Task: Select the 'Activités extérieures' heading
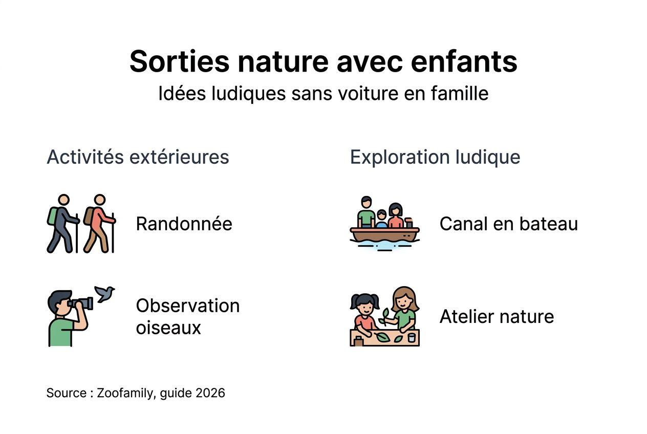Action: pyautogui.click(x=138, y=157)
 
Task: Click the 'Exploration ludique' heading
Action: pyautogui.click(x=435, y=157)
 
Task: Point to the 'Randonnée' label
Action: pyautogui.click(x=184, y=224)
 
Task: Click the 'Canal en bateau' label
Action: pyautogui.click(x=508, y=224)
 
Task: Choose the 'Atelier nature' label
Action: pyautogui.click(x=497, y=317)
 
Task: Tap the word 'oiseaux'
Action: pyautogui.click(x=168, y=328)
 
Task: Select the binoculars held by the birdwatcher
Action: pyautogui.click(x=82, y=303)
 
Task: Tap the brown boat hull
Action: pyautogui.click(x=384, y=235)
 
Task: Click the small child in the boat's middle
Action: pyautogui.click(x=381, y=219)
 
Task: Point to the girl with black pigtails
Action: pyautogui.click(x=364, y=313)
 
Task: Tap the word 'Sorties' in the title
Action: pyautogui.click(x=179, y=62)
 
